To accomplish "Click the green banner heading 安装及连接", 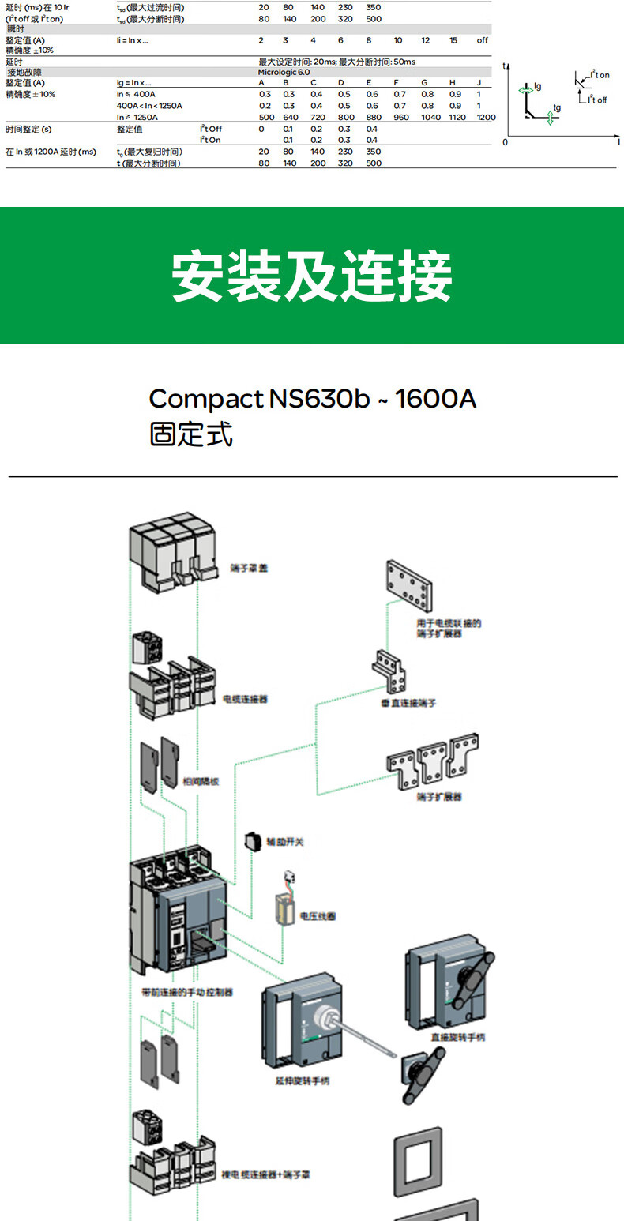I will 312,276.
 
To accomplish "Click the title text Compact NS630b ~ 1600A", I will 313,398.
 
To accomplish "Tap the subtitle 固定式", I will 191,434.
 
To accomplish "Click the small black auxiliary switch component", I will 253,841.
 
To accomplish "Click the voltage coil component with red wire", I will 284,904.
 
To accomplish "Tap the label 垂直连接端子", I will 408,702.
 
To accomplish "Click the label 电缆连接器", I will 246,699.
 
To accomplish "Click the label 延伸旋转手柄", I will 304,1080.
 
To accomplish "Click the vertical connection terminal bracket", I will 390,671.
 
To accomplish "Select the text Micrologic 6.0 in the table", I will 284,72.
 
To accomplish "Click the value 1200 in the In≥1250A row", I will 486,117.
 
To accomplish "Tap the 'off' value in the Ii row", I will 482,40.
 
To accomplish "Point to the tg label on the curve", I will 557,107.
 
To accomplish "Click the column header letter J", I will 479,83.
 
